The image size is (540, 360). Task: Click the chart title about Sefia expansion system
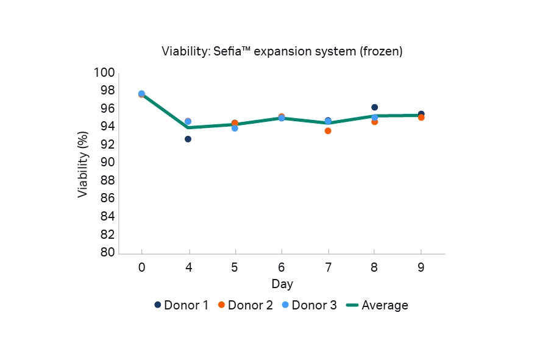pos(282,52)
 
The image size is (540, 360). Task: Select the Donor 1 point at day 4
pos(188,139)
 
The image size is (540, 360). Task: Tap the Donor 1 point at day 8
pos(374,107)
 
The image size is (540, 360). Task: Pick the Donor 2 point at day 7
pos(328,131)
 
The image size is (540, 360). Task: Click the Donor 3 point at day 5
pos(235,128)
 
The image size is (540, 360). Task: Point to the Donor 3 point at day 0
pos(141,94)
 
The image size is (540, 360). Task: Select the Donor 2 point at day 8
pos(374,122)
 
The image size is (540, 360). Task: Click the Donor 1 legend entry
pos(181,305)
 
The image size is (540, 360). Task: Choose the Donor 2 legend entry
pos(245,305)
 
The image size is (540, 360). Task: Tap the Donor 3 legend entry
pos(309,305)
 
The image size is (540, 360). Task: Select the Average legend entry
pos(377,305)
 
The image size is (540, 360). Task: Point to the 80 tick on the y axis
pos(107,252)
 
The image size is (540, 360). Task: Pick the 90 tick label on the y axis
pos(107,163)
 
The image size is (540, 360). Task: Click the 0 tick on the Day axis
pos(141,268)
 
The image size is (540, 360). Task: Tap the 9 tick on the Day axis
pos(421,268)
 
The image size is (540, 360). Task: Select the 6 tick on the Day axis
pos(282,268)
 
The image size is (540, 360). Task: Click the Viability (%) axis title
pos(83,163)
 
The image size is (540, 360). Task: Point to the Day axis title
pos(282,284)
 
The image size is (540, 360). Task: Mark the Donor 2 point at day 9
pos(421,118)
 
